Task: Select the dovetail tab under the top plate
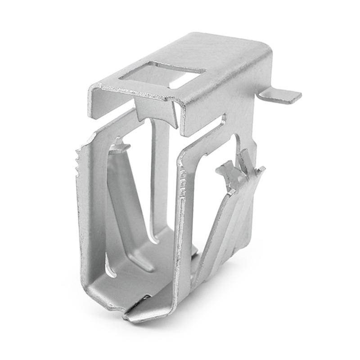[x=156, y=110]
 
